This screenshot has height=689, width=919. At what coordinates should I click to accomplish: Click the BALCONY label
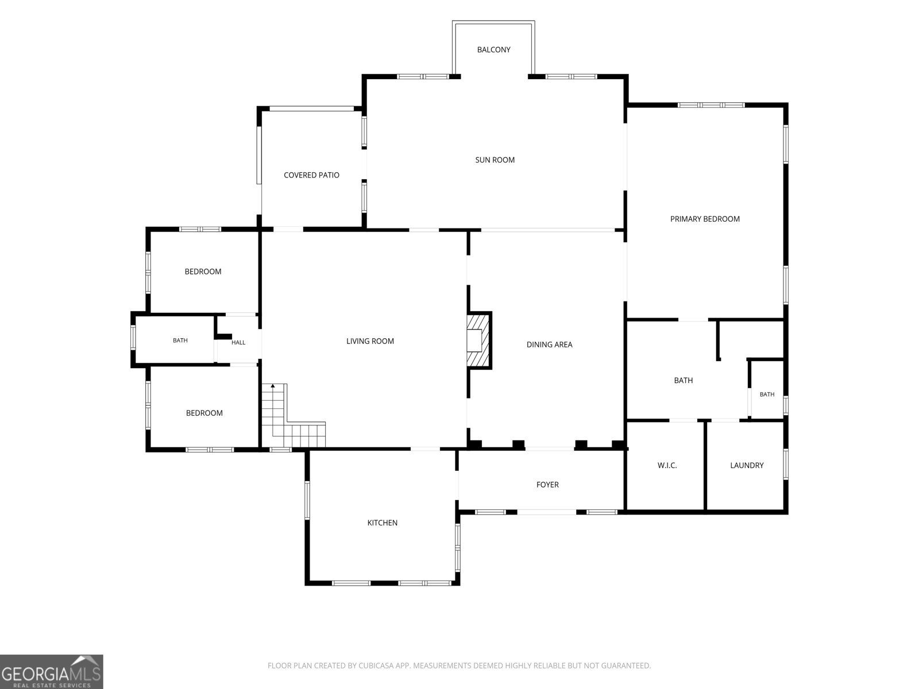pyautogui.click(x=493, y=50)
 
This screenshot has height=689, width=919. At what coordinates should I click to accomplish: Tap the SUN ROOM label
pyautogui.click(x=495, y=160)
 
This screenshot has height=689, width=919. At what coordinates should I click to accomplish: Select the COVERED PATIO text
pyautogui.click(x=311, y=175)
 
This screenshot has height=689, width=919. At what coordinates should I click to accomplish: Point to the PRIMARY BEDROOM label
pyautogui.click(x=705, y=219)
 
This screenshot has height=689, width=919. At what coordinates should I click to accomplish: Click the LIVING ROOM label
pyautogui.click(x=370, y=342)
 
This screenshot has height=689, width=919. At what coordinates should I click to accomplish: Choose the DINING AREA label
pyautogui.click(x=549, y=344)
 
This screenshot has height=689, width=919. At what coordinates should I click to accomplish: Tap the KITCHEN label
pyautogui.click(x=383, y=523)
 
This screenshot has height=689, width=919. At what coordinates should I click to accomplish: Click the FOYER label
pyautogui.click(x=547, y=485)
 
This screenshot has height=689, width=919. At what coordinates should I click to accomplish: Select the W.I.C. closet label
pyautogui.click(x=667, y=466)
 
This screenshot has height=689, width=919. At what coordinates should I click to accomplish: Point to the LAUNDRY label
pyautogui.click(x=747, y=466)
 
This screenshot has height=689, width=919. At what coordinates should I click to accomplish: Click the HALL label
pyautogui.click(x=238, y=343)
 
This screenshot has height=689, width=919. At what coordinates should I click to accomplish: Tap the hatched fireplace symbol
pyautogui.click(x=477, y=340)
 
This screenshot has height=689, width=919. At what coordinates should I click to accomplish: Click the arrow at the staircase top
pyautogui.click(x=273, y=386)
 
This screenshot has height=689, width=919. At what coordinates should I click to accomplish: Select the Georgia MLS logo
pyautogui.click(x=52, y=671)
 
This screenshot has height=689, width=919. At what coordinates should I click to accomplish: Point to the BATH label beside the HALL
pyautogui.click(x=180, y=340)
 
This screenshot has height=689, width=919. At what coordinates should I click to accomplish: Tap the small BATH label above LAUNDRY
pyautogui.click(x=767, y=394)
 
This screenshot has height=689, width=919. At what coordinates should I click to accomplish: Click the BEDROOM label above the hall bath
pyautogui.click(x=203, y=272)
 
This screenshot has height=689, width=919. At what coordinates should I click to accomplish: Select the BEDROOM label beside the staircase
pyautogui.click(x=204, y=413)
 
